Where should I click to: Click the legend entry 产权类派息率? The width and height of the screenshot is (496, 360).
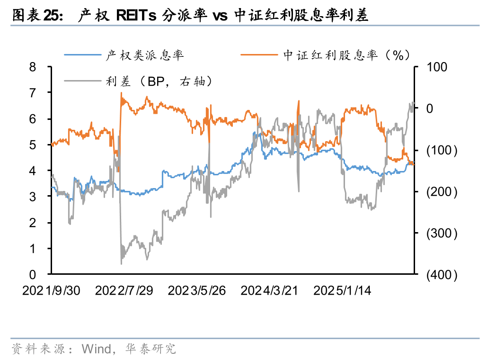point(144,55)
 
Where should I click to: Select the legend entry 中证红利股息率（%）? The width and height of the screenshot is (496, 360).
point(346,55)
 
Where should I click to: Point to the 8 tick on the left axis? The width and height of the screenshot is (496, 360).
point(33,67)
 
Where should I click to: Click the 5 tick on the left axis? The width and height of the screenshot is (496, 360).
point(33,145)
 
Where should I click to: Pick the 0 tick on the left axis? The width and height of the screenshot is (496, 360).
point(33,274)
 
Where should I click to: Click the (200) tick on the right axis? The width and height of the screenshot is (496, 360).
point(442,192)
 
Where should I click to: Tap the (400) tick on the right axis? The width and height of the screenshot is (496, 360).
point(442,275)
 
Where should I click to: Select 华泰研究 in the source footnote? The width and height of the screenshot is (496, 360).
point(150,349)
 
